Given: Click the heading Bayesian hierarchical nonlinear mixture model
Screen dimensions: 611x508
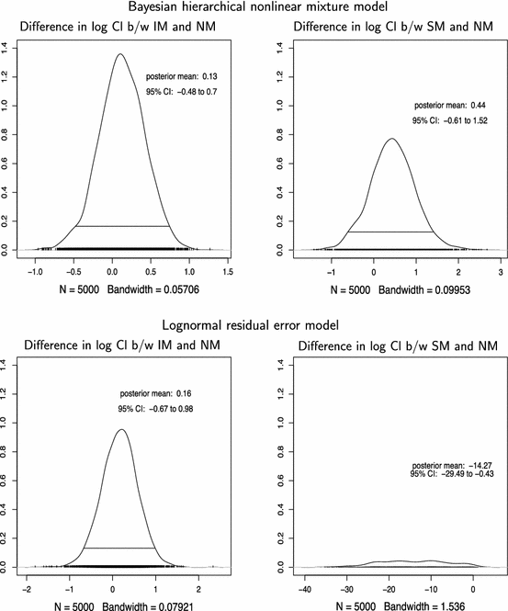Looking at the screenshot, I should (254, 7).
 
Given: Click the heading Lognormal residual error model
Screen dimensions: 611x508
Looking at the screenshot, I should (254, 325).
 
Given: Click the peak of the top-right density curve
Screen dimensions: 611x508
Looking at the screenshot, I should (392, 139).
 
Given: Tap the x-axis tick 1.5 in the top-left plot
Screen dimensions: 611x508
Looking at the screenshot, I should (227, 273).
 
